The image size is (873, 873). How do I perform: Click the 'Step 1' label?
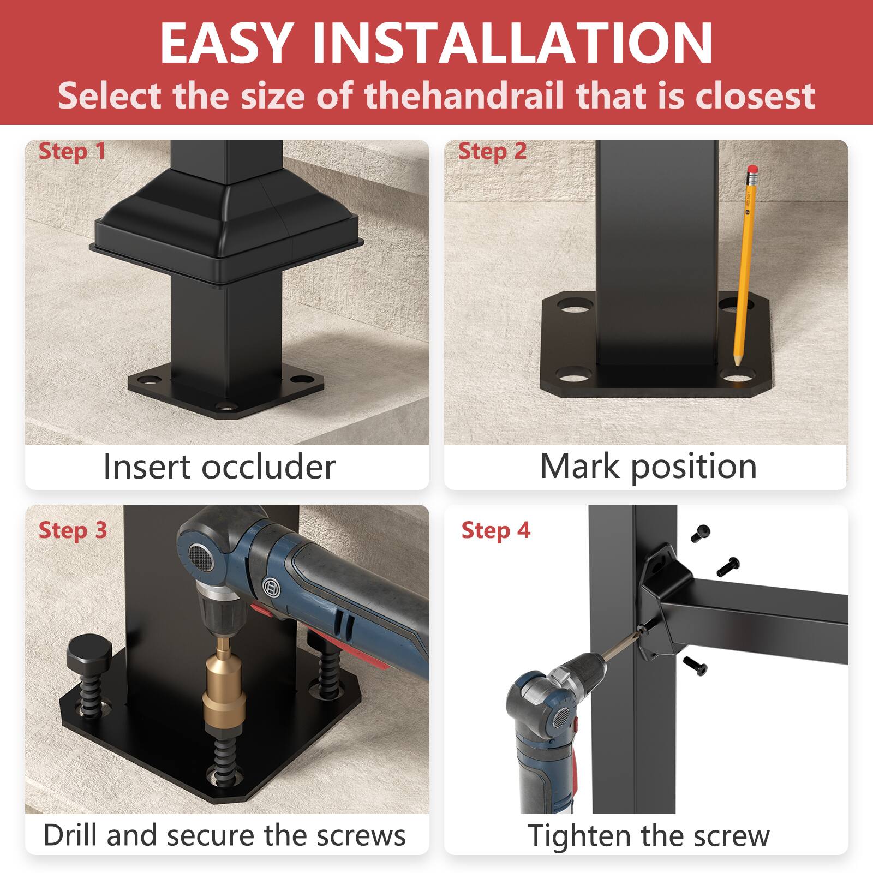72,152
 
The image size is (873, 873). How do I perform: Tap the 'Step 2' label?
492,152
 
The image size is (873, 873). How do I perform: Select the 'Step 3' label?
73,530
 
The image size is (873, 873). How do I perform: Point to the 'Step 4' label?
495,530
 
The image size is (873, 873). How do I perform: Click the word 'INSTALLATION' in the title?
512,44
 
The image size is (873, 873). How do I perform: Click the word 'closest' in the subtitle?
755,95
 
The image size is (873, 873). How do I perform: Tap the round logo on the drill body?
271,588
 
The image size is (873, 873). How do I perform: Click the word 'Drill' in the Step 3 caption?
71,835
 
